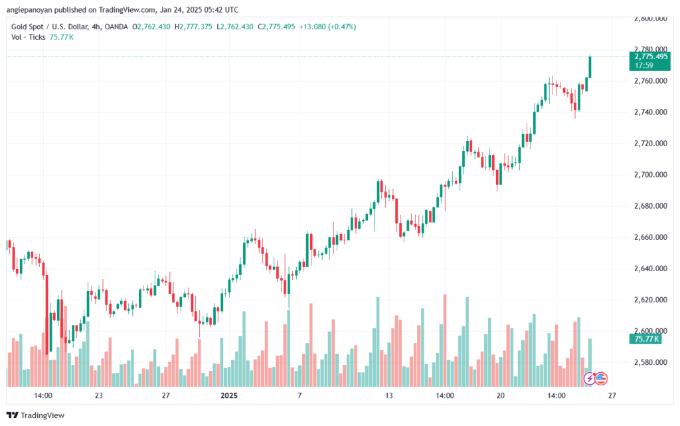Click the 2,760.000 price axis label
tap(651, 81)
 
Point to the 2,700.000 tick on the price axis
tap(651, 175)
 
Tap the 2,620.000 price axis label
tap(651, 300)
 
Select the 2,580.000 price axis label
tap(651, 362)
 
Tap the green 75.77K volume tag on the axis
tap(645, 339)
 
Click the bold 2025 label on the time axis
tap(229, 395)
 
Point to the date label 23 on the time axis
tap(98, 395)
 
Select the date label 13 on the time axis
tap(389, 395)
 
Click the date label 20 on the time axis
tap(501, 395)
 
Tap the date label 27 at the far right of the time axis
tap(612, 395)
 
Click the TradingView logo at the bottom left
tap(36, 415)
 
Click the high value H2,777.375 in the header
tap(193, 27)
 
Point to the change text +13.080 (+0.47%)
tap(327, 27)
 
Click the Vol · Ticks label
tap(28, 37)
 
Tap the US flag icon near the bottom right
tap(600, 378)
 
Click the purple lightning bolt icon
tap(589, 379)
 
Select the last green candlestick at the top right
tap(590, 67)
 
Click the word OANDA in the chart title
tap(116, 27)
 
